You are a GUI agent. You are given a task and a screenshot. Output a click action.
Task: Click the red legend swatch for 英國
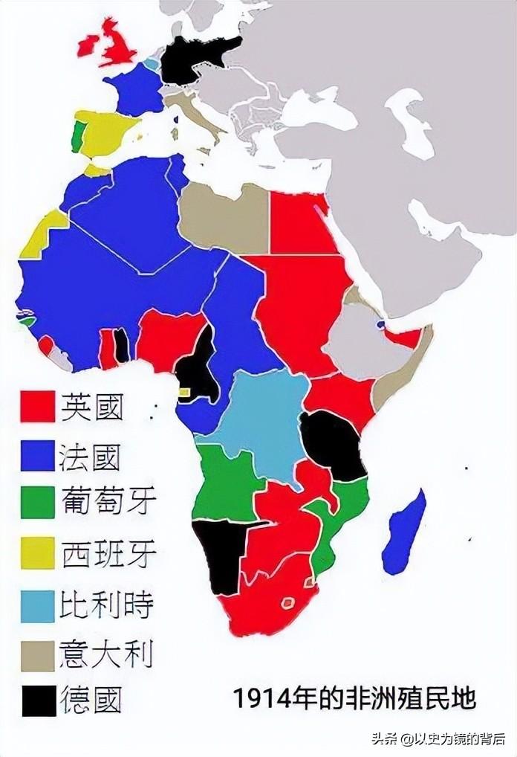coord(37,406)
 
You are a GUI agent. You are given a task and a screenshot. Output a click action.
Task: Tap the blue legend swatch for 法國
coord(37,455)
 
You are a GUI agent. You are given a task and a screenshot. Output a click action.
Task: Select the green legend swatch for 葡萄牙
coord(37,503)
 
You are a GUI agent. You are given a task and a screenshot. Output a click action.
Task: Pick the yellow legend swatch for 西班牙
coord(37,553)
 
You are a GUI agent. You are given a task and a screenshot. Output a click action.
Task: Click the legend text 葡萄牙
coord(108,503)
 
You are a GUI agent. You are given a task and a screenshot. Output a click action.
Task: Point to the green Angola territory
coord(227,483)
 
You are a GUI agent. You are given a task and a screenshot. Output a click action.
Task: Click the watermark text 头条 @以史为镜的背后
coord(439,739)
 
